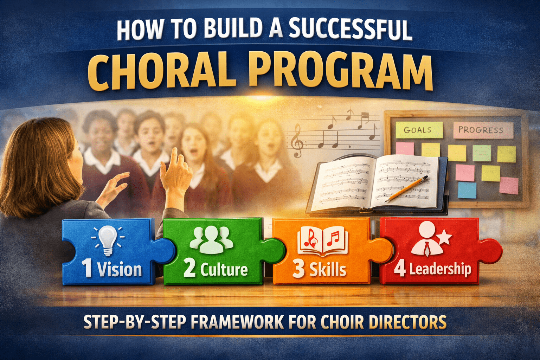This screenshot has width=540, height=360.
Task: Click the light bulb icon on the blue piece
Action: point(108,239)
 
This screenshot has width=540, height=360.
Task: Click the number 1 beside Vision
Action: point(87,269)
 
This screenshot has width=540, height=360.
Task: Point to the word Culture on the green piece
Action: point(224,270)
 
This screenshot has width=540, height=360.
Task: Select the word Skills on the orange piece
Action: point(328,270)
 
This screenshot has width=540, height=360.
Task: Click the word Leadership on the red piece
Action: point(440,269)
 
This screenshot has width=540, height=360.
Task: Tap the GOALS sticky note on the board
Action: point(418,130)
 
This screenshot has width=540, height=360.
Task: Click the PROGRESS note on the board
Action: point(481,130)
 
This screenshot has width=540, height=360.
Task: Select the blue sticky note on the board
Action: point(467,190)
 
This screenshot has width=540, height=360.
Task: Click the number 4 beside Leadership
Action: point(400,269)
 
